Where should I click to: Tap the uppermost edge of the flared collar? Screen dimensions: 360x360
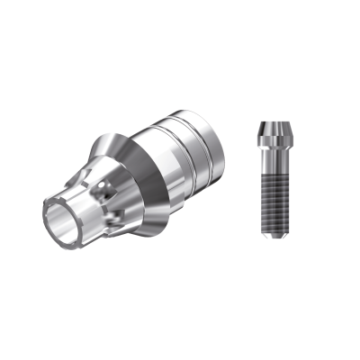tap(125, 121)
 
